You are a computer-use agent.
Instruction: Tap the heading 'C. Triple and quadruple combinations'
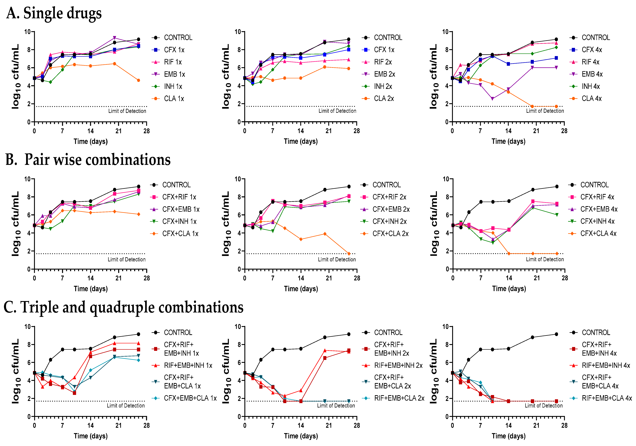[x=124, y=307]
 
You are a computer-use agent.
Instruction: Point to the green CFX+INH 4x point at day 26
[x=557, y=215]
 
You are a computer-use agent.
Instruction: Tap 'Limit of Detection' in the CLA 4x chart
[x=545, y=111]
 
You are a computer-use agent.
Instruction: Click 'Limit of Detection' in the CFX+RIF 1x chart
[x=127, y=259]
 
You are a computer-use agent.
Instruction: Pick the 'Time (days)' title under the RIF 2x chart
[x=301, y=141]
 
